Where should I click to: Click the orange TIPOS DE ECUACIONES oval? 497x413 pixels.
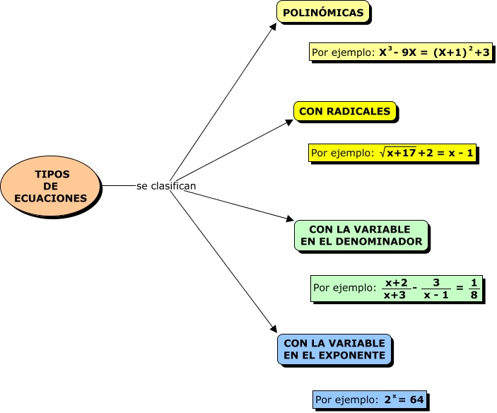pos(51,186)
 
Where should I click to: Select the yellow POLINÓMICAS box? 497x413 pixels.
pos(323,13)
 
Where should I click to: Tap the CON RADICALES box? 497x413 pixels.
pos(345,112)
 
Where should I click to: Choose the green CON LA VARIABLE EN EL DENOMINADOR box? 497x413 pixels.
pos(361,235)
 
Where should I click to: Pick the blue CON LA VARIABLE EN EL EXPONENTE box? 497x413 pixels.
pos(334,349)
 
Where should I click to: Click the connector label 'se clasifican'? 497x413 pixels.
pos(166,186)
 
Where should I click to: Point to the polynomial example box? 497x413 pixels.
pos(401,52)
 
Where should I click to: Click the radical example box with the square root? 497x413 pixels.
pos(393,153)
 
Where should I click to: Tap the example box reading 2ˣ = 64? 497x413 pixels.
pos(370,400)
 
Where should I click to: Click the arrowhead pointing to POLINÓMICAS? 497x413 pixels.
pos(275,25)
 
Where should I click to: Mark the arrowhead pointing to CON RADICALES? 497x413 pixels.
pos(289,121)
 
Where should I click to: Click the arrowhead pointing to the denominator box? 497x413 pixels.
pos(289,221)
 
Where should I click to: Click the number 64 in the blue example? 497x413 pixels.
pos(416,400)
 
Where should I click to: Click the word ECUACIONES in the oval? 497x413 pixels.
pos(51,199)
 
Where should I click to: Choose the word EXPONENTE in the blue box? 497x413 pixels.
pos(356,355)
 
